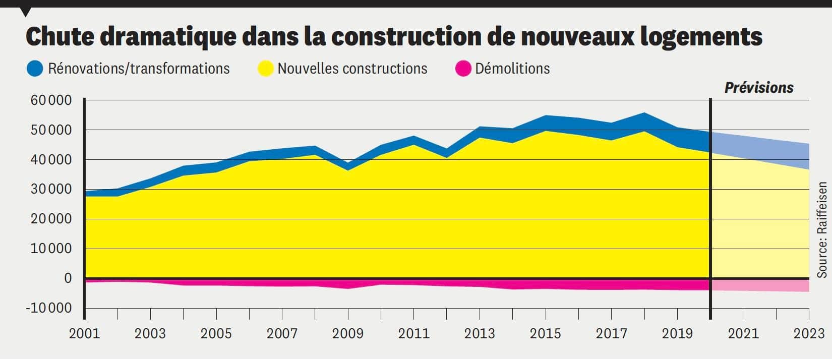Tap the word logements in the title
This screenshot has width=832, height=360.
(x=701, y=37)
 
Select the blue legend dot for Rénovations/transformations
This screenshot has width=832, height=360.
(x=35, y=69)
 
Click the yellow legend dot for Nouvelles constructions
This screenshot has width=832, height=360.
(x=265, y=69)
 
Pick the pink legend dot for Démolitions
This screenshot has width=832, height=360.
(x=463, y=69)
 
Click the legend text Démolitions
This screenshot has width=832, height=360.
(x=512, y=69)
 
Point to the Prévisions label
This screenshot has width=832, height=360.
(x=758, y=88)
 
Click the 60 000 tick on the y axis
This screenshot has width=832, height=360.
(x=51, y=100)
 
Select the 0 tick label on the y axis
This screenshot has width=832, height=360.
(x=68, y=278)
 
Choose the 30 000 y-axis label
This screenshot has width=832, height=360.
(x=51, y=190)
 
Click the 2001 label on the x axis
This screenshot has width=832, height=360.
(x=84, y=334)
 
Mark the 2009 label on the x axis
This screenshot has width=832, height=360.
(x=347, y=334)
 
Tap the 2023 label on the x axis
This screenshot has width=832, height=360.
(x=809, y=334)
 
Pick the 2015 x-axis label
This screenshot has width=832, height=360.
(x=545, y=334)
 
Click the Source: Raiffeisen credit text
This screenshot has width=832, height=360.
(x=822, y=230)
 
